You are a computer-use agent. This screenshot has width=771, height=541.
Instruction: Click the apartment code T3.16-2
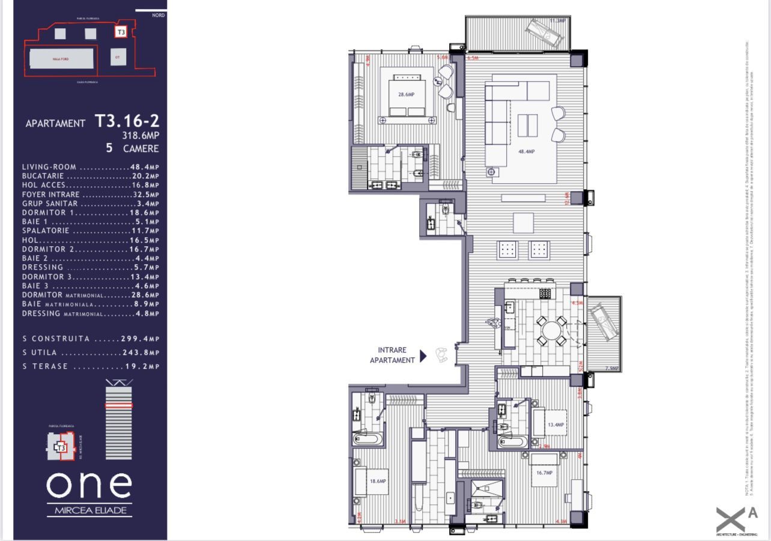pyautogui.click(x=127, y=121)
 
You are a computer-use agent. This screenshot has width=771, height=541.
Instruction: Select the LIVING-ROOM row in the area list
pyautogui.click(x=90, y=167)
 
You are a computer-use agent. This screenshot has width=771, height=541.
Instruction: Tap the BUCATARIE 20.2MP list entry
pyautogui.click(x=90, y=176)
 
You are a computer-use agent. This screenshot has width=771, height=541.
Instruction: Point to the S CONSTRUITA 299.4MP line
pyautogui.click(x=91, y=339)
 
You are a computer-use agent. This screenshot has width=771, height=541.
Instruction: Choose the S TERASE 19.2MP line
pyautogui.click(x=91, y=366)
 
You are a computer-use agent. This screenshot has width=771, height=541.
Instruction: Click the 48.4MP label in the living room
pyautogui.click(x=526, y=152)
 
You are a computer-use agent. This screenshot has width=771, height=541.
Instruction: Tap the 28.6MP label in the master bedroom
pyautogui.click(x=406, y=94)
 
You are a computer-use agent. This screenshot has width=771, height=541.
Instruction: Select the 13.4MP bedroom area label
pyautogui.click(x=556, y=425)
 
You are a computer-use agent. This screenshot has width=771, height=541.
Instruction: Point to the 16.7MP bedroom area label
pyautogui.click(x=543, y=473)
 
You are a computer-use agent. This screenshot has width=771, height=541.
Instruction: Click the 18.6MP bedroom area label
pyautogui.click(x=378, y=482)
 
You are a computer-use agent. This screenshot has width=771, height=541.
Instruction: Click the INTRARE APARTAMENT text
pyautogui.click(x=392, y=355)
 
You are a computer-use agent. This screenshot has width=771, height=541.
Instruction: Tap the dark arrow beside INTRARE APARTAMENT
pyautogui.click(x=423, y=356)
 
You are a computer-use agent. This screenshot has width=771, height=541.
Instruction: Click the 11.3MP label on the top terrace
pyautogui.click(x=556, y=21)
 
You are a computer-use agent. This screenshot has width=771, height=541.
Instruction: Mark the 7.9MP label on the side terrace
pyautogui.click(x=611, y=368)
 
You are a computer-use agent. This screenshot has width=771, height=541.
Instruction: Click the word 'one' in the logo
pyautogui.click(x=89, y=485)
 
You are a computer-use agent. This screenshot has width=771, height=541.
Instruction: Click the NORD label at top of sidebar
pyautogui.click(x=158, y=15)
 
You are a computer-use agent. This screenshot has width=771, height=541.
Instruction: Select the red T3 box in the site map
pyautogui.click(x=121, y=32)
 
